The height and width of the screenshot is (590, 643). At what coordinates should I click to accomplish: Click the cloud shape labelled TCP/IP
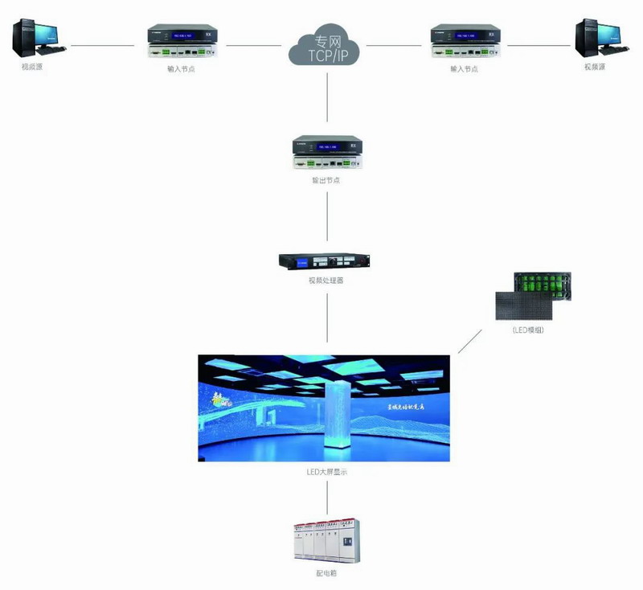326,47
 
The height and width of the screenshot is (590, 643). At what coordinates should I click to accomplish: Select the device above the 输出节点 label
326,153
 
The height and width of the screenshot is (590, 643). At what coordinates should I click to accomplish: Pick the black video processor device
326,263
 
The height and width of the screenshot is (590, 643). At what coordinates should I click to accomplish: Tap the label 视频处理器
326,281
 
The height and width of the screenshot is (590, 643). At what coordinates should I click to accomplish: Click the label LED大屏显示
326,473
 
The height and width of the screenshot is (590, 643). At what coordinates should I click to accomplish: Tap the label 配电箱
326,576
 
